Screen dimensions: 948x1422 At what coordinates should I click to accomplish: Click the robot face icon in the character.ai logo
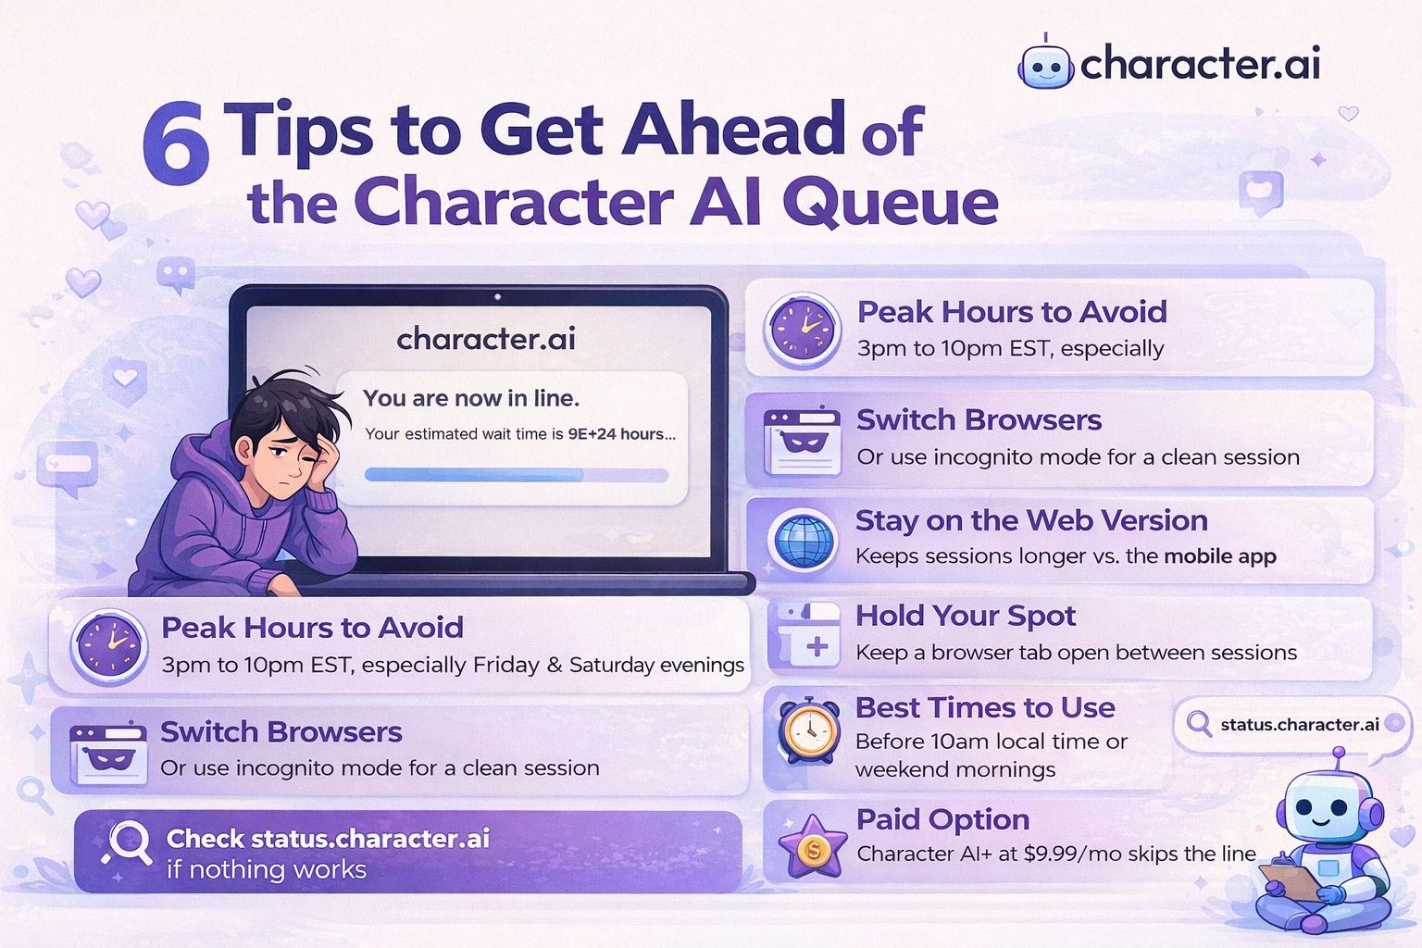[1045, 64]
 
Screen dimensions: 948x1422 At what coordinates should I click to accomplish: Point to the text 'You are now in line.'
[470, 398]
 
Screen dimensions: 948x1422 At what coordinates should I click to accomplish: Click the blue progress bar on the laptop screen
[516, 475]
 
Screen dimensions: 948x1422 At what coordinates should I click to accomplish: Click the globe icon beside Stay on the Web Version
[802, 540]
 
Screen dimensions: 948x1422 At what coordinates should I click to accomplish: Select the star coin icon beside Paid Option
[812, 845]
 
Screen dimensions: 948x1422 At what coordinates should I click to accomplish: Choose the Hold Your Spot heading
[965, 616]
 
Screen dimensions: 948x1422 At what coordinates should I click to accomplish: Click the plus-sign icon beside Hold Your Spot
[816, 646]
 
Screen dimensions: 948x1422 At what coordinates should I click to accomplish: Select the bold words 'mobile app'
[1219, 556]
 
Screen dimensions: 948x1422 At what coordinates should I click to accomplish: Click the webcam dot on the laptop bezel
[497, 297]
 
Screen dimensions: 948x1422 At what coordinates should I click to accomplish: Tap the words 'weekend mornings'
[954, 769]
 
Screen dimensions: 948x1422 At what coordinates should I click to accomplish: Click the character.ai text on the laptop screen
[486, 339]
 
